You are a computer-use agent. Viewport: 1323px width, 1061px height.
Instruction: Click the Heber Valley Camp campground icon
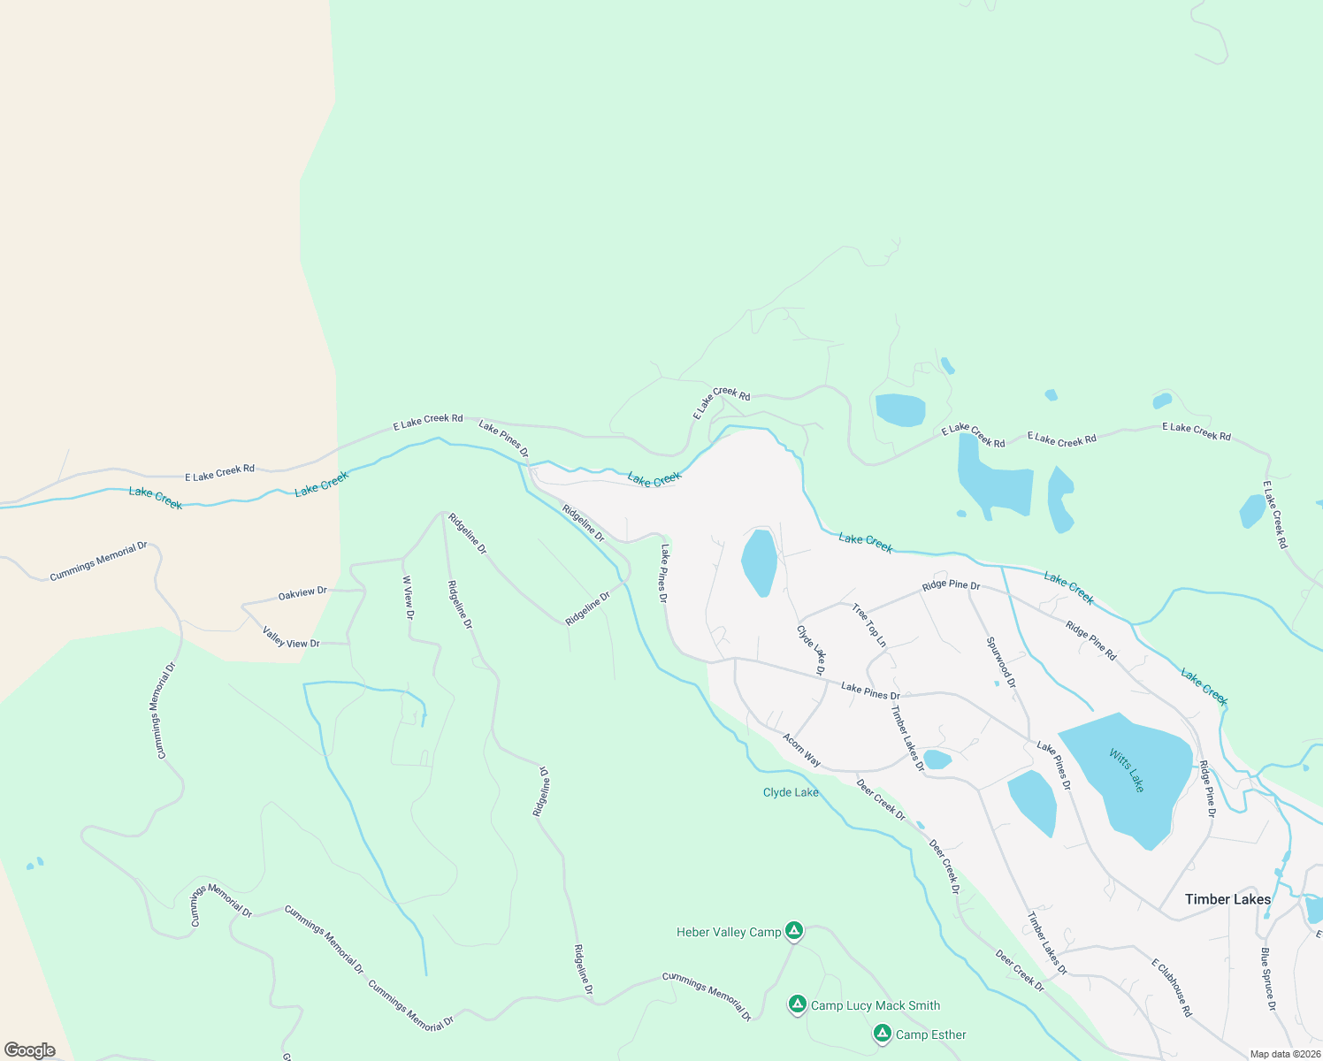tap(794, 930)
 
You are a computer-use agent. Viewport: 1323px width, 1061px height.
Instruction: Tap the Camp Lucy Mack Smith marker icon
tap(797, 1004)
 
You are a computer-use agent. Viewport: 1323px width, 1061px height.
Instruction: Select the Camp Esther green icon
tap(882, 1033)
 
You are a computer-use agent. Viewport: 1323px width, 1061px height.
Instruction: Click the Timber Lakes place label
tap(1227, 899)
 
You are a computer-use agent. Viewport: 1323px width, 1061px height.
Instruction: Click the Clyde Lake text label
tap(791, 792)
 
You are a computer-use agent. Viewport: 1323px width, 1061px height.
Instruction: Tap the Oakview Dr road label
tap(302, 593)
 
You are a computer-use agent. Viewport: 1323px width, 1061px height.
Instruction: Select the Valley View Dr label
tap(291, 637)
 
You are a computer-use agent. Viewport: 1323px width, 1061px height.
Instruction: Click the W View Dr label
tap(408, 598)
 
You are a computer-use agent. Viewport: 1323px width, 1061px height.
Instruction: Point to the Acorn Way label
tap(801, 750)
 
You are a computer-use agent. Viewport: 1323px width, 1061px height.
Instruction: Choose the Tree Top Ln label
tap(868, 625)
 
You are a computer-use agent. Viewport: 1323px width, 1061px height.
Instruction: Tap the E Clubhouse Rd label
tap(1172, 987)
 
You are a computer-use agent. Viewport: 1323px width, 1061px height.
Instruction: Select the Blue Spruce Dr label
tap(1267, 979)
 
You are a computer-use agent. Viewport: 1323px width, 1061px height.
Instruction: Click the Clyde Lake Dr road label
tap(811, 651)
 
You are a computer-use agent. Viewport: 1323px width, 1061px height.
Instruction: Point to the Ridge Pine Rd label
tap(1090, 640)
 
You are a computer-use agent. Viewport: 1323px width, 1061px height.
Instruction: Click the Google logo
tap(29, 1050)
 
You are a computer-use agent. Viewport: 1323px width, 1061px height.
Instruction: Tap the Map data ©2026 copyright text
tap(1284, 1054)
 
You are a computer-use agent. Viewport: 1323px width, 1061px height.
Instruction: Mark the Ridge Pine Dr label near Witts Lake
tap(1207, 789)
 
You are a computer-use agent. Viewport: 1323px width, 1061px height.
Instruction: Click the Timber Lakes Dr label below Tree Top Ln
tap(907, 738)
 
